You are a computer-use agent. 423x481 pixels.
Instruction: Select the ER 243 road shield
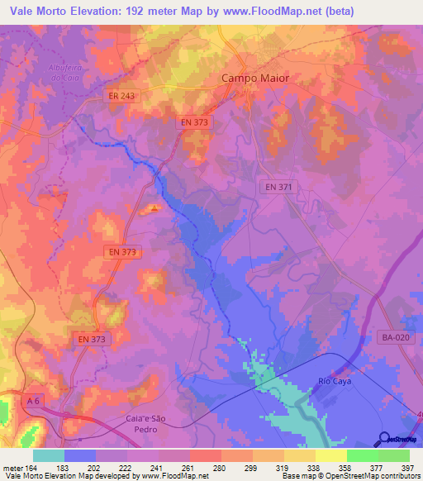tap(121, 97)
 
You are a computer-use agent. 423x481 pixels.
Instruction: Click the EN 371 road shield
tap(274, 188)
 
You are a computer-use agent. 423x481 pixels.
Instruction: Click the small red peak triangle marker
tap(153, 208)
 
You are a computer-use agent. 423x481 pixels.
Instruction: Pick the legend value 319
tap(269, 466)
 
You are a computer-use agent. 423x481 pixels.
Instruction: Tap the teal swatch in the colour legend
tap(48, 455)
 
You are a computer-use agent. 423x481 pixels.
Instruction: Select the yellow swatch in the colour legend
tap(330, 455)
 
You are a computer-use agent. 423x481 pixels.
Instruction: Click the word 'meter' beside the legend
tap(12, 466)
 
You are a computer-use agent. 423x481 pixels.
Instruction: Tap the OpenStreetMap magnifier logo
tap(384, 440)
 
